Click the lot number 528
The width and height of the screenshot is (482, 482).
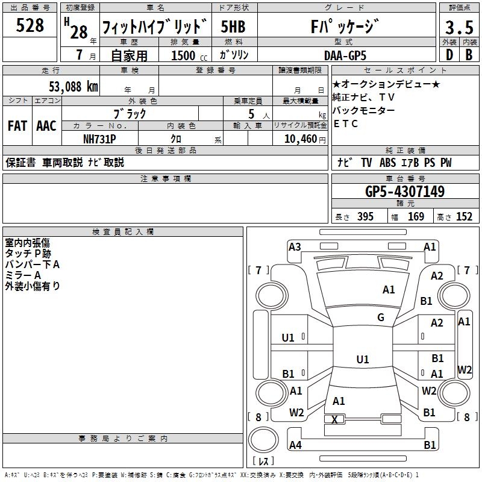[30, 25]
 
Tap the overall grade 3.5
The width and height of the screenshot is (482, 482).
[459, 27]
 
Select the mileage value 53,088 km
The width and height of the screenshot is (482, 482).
[74, 87]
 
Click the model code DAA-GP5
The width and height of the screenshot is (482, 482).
[345, 55]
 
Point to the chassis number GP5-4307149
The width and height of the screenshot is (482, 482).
[405, 192]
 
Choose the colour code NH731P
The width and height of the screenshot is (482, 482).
[99, 139]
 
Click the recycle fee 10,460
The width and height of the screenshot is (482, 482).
[301, 139]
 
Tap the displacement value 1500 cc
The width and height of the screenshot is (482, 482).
[189, 55]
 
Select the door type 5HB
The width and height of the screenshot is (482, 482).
[233, 27]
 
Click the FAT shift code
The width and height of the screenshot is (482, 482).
[17, 126]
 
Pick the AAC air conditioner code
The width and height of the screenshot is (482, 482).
[46, 126]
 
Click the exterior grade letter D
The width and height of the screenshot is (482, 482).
[449, 55]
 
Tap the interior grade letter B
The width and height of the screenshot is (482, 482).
[469, 55]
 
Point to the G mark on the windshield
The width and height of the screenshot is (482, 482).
[381, 318]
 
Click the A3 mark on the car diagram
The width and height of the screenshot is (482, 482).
[295, 247]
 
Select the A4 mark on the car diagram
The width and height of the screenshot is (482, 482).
[295, 445]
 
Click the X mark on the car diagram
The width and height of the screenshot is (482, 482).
[334, 419]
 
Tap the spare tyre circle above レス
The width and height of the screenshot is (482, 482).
[263, 440]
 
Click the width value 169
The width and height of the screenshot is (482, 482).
[416, 217]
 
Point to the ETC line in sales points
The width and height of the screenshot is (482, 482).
[345, 124]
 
